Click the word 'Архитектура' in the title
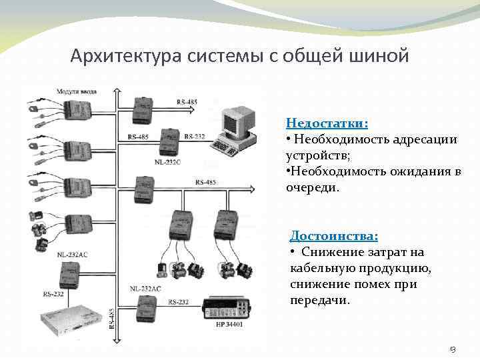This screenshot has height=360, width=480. pos(123,55)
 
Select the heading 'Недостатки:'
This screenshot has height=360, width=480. pos(327,123)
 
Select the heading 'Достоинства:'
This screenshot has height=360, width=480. pos(334,236)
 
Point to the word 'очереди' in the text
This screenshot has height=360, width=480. pos(311,188)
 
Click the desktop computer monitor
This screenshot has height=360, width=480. pos(239,118)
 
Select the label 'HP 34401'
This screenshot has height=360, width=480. pos(229,325)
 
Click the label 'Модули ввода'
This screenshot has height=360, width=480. pos(75,91)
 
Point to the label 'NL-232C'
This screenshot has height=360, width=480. pos(167,161)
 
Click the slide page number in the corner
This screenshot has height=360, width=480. pos(453,348)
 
